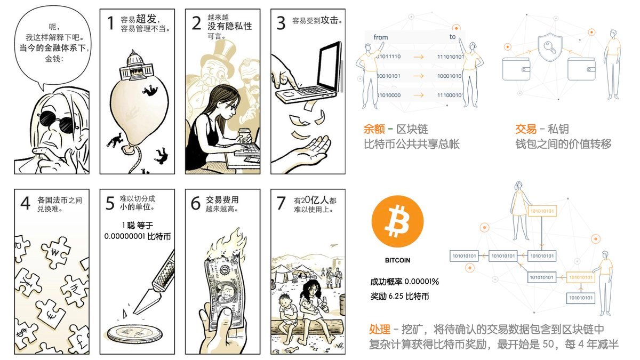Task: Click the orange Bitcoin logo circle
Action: (397, 221)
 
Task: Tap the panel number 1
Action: (110, 23)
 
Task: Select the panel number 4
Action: (26, 203)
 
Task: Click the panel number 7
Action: (281, 203)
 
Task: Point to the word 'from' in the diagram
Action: (381, 37)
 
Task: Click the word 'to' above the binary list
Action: (452, 37)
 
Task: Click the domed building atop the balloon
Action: (133, 66)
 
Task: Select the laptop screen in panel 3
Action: (329, 66)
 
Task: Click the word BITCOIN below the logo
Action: (397, 260)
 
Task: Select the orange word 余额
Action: (374, 129)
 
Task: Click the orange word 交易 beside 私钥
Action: (526, 129)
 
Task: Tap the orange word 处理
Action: (379, 330)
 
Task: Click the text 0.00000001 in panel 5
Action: (124, 236)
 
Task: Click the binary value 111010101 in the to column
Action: (450, 57)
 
